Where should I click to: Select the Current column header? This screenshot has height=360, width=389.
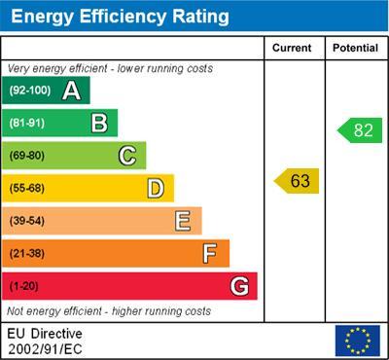[x=292, y=48]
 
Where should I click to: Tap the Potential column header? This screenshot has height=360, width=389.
[x=355, y=48]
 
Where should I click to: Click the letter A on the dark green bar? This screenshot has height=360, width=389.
[x=71, y=90]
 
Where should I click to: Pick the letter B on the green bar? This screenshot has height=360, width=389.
[x=99, y=123]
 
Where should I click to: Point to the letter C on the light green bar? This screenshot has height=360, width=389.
[x=127, y=156]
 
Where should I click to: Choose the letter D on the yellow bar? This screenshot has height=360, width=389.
[x=156, y=188]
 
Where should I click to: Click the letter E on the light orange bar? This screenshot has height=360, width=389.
[x=183, y=221]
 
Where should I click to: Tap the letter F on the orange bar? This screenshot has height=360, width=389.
[x=210, y=253]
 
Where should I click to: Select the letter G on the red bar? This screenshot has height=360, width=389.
[x=239, y=286]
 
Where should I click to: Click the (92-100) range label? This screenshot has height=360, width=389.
[x=29, y=90]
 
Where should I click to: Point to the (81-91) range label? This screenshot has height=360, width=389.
[x=27, y=124]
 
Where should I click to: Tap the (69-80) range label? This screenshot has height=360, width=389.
[x=27, y=156]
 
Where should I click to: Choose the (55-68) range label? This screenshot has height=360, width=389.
[x=27, y=189]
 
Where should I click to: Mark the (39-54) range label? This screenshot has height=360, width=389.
[x=27, y=221]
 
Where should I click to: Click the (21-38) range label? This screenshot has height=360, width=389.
[x=27, y=254]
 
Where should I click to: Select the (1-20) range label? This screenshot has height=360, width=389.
[x=24, y=286]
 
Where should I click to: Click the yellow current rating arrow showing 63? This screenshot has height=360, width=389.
[x=297, y=181]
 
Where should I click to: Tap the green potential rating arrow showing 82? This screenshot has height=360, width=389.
[x=360, y=130]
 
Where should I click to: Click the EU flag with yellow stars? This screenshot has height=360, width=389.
[x=357, y=340]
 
